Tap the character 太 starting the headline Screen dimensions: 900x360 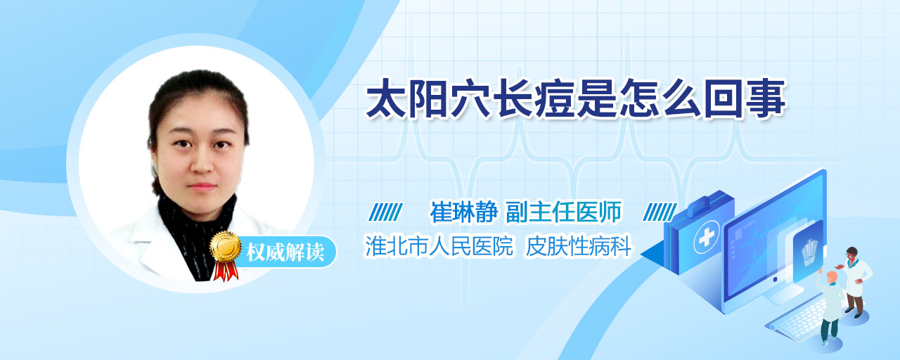[386, 99]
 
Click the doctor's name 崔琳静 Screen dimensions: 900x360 [463, 212]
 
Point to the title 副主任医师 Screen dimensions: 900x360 [564, 212]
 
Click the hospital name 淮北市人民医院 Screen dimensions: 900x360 [438, 246]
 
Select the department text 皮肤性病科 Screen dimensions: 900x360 [579, 246]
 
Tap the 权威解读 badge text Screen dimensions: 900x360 [285, 252]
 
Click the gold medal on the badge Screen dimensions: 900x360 [226, 246]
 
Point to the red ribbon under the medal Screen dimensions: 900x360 [226, 271]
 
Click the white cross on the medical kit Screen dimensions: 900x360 [707, 237]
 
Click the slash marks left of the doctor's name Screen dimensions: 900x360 [386, 212]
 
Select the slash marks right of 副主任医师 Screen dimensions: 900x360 [660, 212]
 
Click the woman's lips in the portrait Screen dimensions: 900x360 [202, 186]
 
